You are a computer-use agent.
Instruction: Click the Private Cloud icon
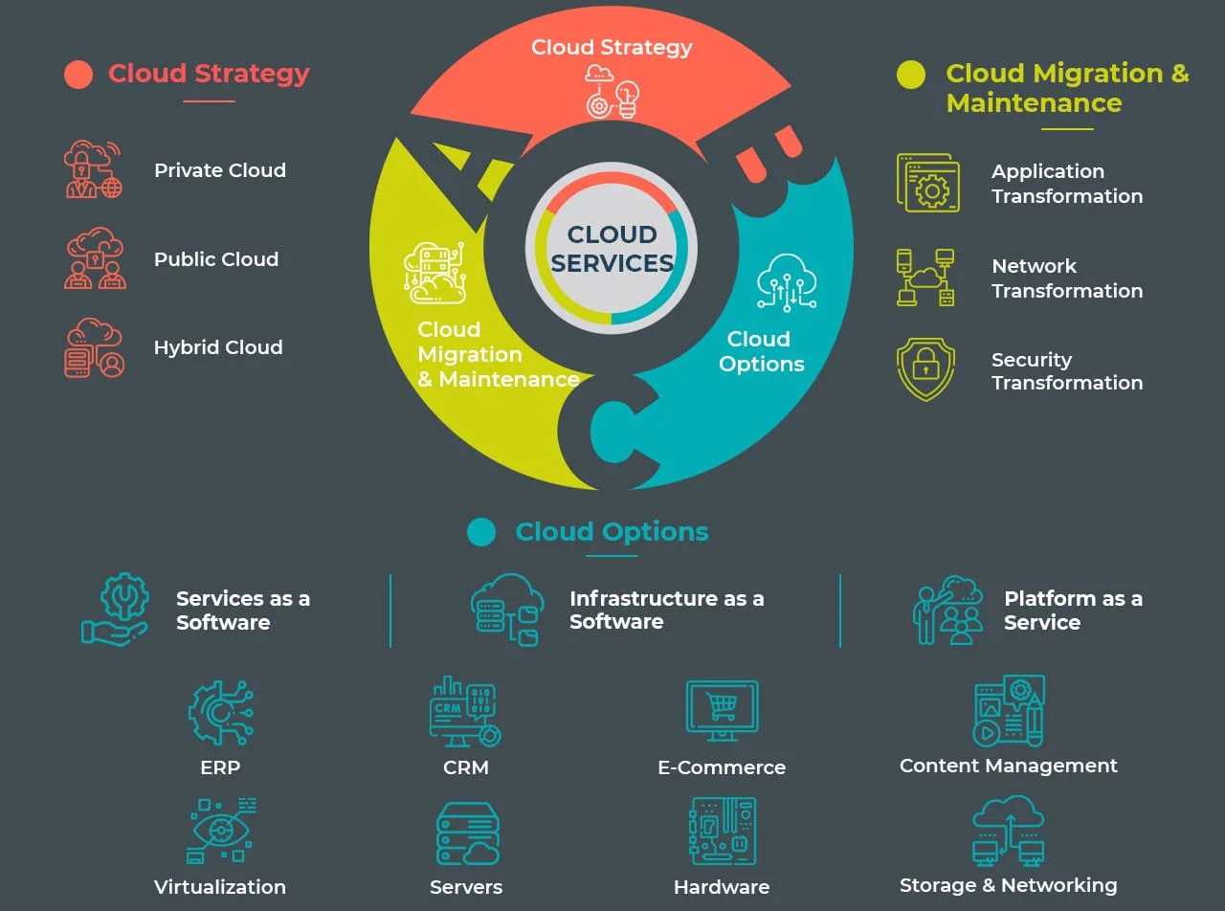93,169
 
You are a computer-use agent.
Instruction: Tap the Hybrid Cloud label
218,347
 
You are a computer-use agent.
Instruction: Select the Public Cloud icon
94,258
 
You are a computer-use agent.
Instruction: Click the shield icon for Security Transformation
925,369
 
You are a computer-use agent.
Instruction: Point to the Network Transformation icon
925,278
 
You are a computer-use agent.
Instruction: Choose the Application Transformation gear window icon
927,183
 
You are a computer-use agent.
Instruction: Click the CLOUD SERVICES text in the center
612,249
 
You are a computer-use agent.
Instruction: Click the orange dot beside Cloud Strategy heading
78,75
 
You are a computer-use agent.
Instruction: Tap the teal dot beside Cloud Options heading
481,532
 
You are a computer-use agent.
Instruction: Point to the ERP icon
220,713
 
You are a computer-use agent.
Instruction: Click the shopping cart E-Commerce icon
722,709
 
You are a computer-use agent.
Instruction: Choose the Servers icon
467,833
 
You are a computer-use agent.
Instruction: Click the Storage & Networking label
1008,885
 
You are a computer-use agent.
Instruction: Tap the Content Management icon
1008,711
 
